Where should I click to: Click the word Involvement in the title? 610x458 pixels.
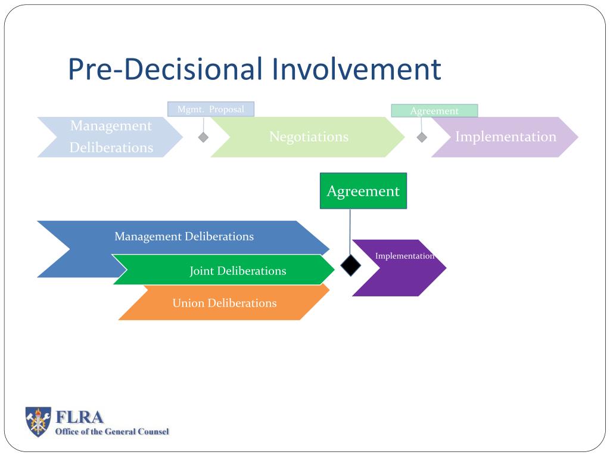(356, 69)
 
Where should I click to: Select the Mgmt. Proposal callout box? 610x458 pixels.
(211, 109)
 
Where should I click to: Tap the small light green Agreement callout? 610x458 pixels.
(434, 111)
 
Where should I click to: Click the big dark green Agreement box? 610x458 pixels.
(363, 191)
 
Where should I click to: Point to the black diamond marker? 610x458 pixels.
(350, 264)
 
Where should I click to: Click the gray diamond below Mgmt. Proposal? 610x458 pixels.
(204, 137)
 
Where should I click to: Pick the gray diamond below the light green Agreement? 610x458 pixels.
(422, 137)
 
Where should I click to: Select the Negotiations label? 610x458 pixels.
(309, 137)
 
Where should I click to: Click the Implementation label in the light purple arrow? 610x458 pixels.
(505, 137)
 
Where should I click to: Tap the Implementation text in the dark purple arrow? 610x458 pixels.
(404, 256)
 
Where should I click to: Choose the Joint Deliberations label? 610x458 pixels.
(238, 271)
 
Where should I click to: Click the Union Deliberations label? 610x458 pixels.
(225, 303)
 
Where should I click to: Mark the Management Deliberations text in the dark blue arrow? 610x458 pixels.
(184, 236)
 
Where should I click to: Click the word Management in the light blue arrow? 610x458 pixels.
(111, 126)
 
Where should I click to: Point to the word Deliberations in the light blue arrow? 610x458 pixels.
(111, 147)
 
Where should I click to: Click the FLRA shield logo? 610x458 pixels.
(38, 421)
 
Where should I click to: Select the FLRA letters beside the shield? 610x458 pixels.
(79, 417)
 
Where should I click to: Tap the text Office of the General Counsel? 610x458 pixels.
(112, 431)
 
